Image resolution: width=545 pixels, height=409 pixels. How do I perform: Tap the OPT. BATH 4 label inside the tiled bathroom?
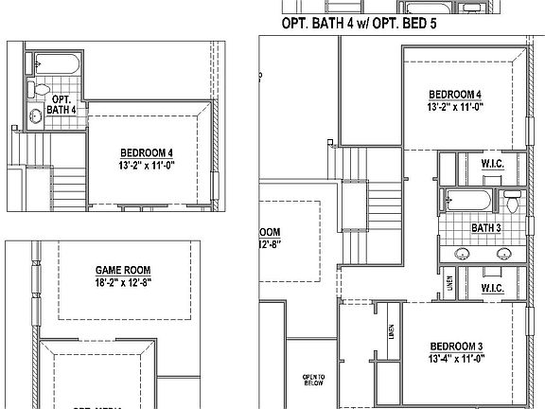coord(62,104)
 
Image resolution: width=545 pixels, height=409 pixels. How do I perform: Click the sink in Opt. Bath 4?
coord(36,117)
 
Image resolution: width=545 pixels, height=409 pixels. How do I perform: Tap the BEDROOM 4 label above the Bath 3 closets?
coord(455,95)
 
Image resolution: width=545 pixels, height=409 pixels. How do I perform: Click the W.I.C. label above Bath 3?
coord(492,164)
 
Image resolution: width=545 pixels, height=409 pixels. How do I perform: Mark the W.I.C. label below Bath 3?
coord(491,286)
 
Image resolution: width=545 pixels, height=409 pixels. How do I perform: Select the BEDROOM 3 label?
coord(456,345)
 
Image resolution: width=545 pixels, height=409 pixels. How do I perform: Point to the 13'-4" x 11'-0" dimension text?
coord(456,358)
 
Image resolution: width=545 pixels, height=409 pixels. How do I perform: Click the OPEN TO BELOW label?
coord(314,380)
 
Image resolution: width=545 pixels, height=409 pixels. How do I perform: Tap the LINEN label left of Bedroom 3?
coord(390,331)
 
